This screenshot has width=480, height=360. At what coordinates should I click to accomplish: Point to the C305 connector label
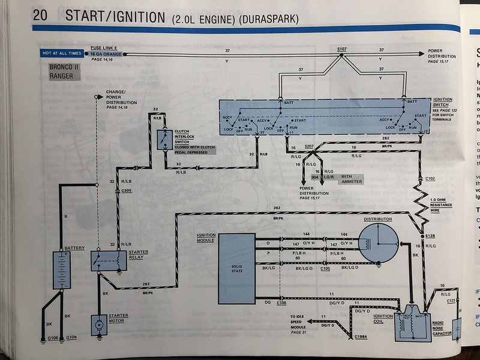[x=127, y=191]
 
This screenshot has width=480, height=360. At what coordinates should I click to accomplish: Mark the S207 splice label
[x=310, y=146]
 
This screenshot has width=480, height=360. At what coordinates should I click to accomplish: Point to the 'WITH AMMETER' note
[x=351, y=179]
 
